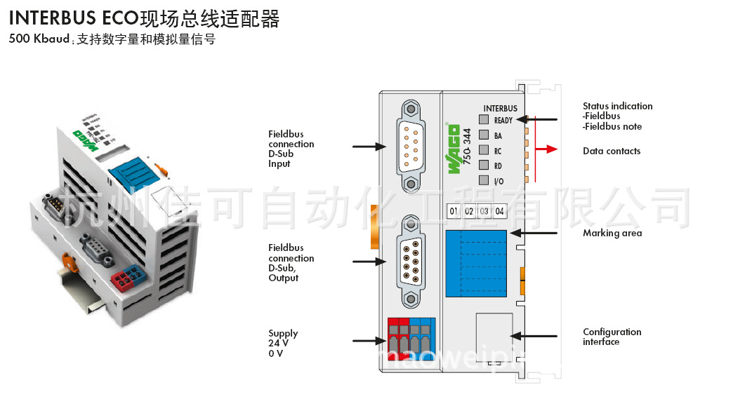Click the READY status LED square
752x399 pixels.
point(484,120)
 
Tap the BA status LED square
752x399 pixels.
point(484,135)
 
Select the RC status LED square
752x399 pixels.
point(484,150)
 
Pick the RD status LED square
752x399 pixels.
point(484,165)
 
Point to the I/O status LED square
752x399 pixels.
point(484,181)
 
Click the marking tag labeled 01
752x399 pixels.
point(454,211)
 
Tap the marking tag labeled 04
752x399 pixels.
point(500,211)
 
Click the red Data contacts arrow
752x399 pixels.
point(548,149)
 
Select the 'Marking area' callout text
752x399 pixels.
point(612,234)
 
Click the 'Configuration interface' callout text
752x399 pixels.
point(612,337)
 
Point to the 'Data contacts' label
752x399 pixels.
point(611,151)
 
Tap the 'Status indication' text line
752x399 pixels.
point(617,107)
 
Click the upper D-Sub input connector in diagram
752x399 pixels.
point(411,145)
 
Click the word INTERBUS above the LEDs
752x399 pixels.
point(500,109)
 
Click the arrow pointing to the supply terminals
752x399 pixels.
point(368,341)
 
